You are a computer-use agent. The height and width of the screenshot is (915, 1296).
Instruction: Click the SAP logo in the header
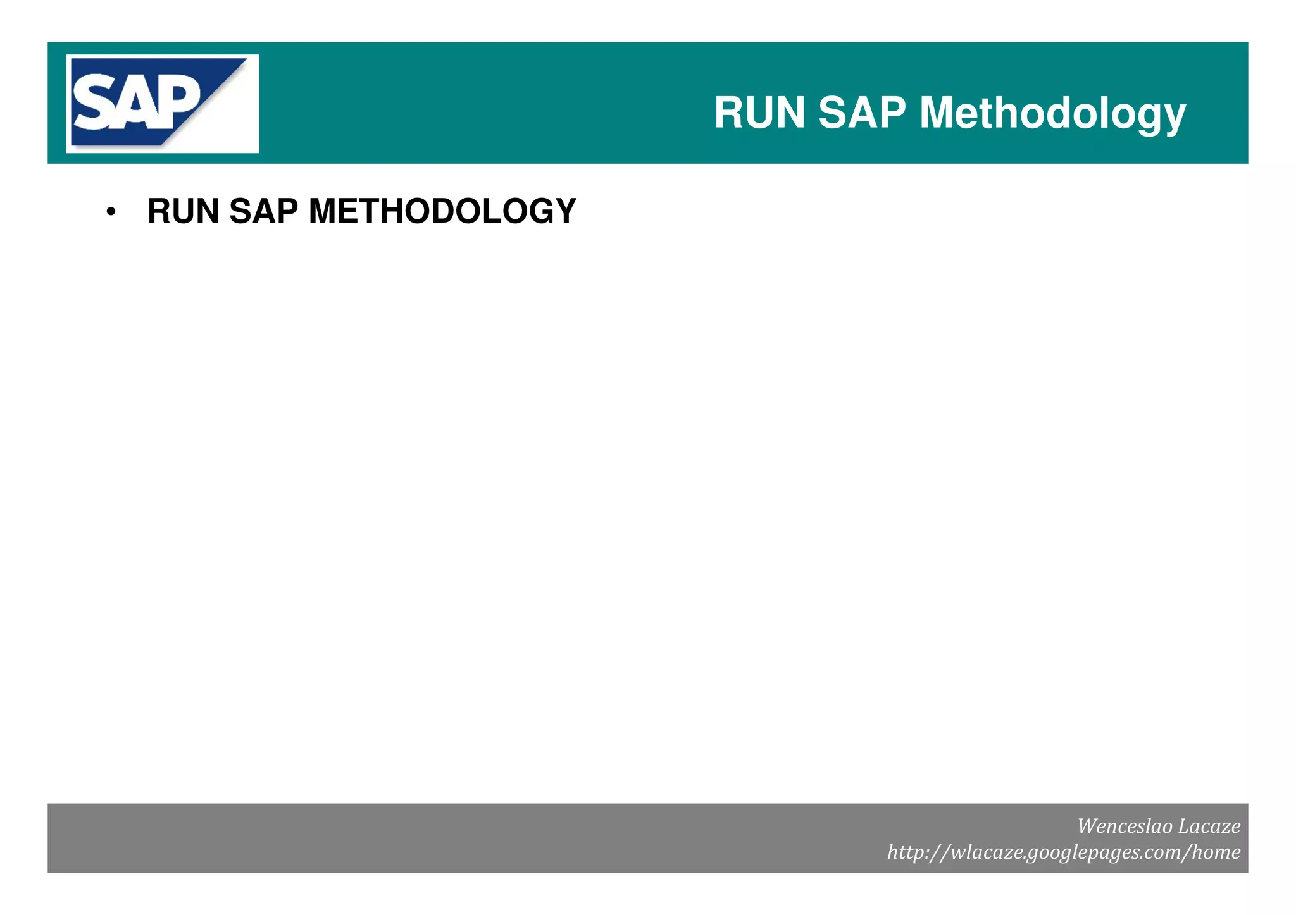162,103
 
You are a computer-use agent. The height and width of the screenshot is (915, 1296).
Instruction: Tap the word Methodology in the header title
1052,114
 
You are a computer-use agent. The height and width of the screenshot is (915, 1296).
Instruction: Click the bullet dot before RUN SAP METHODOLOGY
111,212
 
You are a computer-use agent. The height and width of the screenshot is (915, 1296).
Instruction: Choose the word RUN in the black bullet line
184,211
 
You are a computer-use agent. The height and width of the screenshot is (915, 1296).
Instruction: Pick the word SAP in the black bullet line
263,211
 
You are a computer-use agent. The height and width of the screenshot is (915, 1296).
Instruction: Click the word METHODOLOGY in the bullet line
442,211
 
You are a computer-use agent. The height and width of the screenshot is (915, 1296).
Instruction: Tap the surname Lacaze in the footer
1210,826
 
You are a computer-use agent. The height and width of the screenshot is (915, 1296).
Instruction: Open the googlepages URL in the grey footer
1064,852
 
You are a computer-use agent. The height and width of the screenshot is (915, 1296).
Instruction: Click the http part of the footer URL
906,852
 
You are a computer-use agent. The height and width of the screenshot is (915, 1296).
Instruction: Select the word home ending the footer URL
1216,852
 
